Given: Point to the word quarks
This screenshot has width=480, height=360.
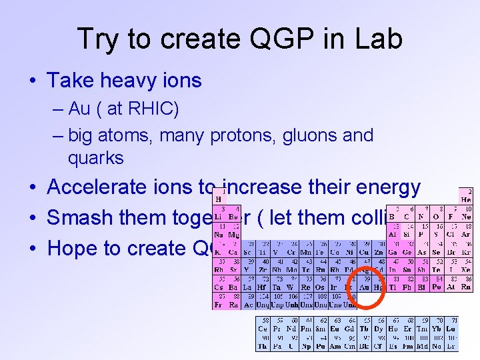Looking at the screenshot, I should pyautogui.click(x=95, y=158).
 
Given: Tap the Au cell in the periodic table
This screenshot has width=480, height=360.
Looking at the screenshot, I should pyautogui.click(x=365, y=287).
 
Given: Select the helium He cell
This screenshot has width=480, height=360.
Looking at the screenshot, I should pyautogui.click(x=467, y=198).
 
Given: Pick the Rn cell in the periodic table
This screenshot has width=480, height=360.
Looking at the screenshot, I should pyautogui.click(x=467, y=287).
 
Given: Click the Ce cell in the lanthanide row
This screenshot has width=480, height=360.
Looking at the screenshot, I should pyautogui.click(x=264, y=329).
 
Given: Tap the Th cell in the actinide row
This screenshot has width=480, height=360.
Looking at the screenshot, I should pyautogui.click(x=264, y=346).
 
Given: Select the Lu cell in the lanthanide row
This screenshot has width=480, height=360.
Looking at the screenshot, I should pyautogui.click(x=452, y=329).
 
